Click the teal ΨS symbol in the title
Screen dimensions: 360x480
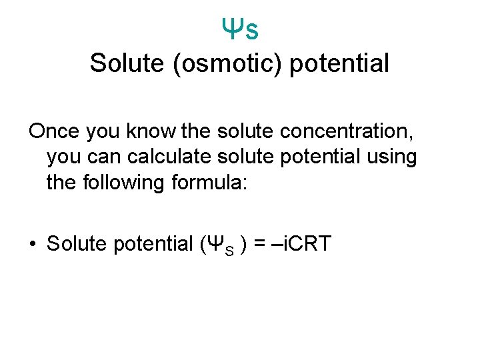[x=240, y=28]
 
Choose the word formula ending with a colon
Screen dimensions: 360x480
[x=211, y=182]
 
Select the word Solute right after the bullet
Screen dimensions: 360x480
[x=77, y=243]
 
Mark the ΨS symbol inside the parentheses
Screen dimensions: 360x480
[x=218, y=244]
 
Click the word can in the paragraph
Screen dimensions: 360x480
[x=103, y=157]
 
